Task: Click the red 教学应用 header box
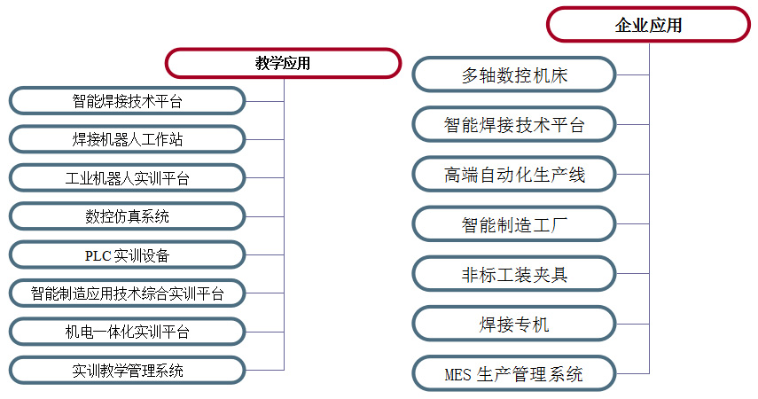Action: (284, 63)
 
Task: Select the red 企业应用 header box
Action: (648, 24)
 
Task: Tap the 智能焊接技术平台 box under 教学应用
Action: (127, 101)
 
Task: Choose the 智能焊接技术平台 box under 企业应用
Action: (514, 125)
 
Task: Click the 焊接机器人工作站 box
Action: (127, 139)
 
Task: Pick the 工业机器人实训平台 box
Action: (127, 178)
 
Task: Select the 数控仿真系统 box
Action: (127, 216)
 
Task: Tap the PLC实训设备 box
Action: (127, 254)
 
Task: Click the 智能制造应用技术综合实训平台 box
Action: (127, 293)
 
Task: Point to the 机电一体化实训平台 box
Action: (127, 332)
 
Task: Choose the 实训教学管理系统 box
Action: (127, 371)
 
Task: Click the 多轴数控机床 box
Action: (514, 75)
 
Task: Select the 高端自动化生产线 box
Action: (514, 174)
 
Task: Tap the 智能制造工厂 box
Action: (514, 224)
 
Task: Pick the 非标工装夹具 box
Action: (514, 274)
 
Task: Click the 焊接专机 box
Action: (514, 324)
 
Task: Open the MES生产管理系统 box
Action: (514, 373)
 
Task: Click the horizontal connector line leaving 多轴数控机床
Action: (632, 75)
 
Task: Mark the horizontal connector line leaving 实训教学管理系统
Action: (265, 371)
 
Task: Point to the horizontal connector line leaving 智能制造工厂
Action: (632, 224)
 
